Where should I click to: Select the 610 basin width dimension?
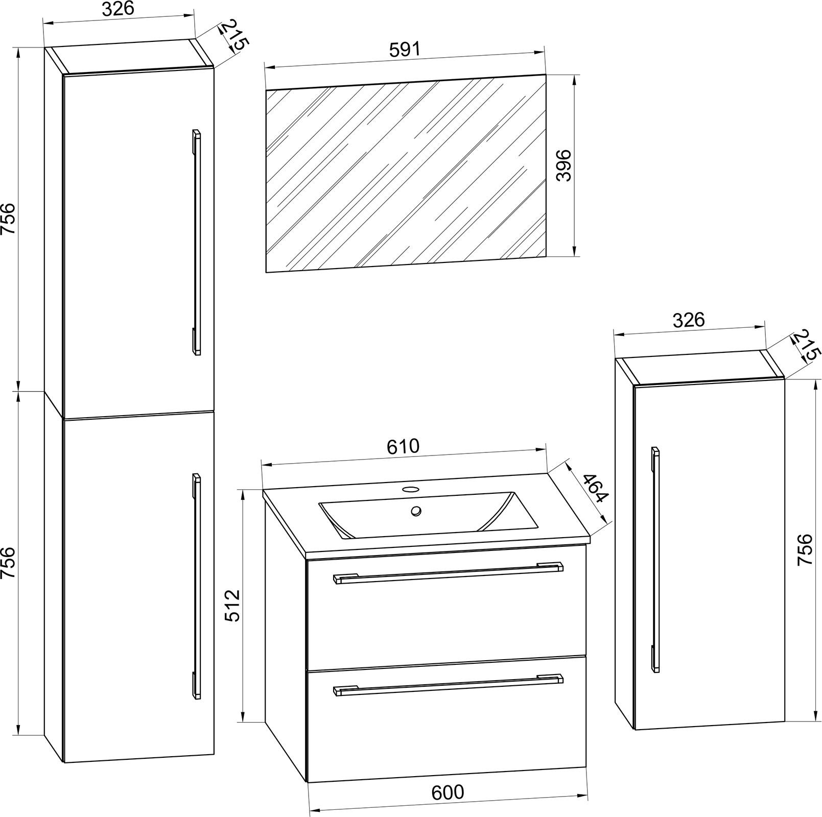pos(403,446)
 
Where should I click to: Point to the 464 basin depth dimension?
pos(594,489)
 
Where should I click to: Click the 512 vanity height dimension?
pos(232,606)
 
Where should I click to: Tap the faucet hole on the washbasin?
pos(409,489)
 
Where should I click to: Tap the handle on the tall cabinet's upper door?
pos(196,242)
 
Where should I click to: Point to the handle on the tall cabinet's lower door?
pos(196,586)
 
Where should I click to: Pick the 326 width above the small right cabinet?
pos(688,320)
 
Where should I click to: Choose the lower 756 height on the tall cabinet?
pos(9,563)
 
